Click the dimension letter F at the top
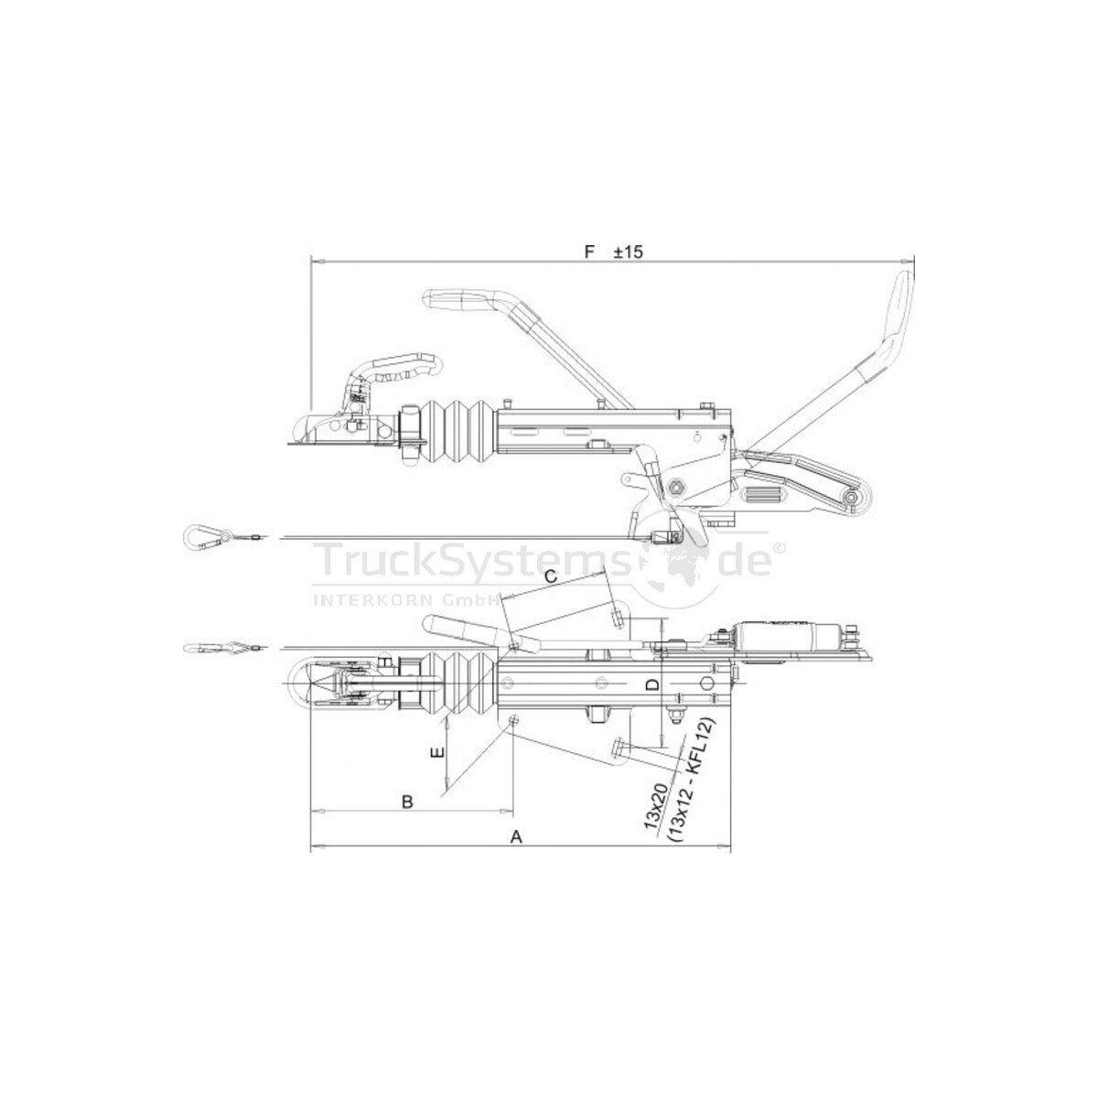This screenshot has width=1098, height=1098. tap(590, 252)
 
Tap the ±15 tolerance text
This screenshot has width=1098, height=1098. tap(629, 252)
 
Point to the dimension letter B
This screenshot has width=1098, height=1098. tap(407, 802)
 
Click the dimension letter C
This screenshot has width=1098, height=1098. tap(551, 577)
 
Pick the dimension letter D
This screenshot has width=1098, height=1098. tap(653, 684)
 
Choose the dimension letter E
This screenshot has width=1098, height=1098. tap(437, 753)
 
